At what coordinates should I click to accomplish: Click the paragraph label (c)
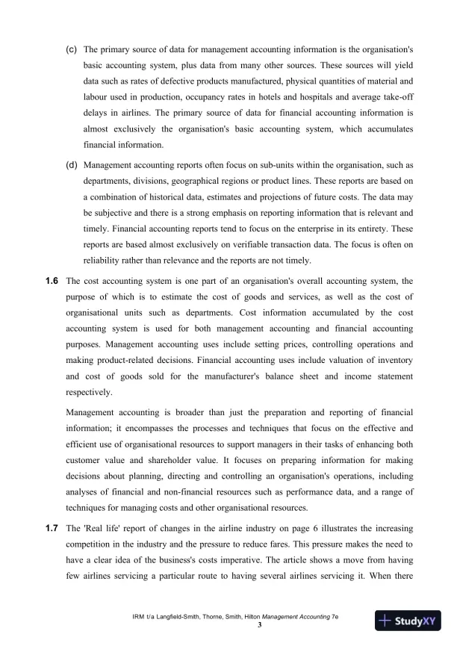(x=72, y=49)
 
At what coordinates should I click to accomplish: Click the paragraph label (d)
(x=72, y=164)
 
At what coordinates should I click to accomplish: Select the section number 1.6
(x=52, y=281)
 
